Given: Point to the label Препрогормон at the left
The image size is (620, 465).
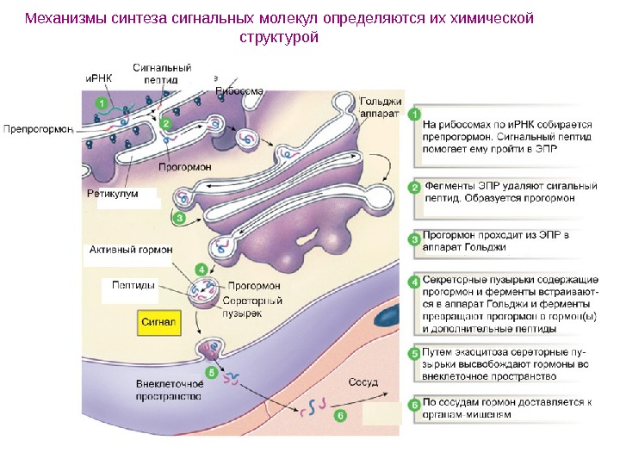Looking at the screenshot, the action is click(x=38, y=129).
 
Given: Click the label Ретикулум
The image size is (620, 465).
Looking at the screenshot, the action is click(x=112, y=194).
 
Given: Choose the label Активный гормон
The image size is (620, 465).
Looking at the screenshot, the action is click(x=131, y=250).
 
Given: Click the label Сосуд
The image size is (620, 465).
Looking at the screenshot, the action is click(x=363, y=381).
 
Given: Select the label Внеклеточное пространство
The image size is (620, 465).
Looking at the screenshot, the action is click(x=169, y=390).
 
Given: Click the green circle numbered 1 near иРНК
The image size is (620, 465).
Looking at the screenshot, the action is click(x=102, y=104).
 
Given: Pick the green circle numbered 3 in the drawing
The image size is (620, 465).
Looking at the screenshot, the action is click(x=179, y=219).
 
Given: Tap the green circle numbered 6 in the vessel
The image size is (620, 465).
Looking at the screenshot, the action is click(x=339, y=415).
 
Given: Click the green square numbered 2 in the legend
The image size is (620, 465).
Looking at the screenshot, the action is click(x=414, y=188).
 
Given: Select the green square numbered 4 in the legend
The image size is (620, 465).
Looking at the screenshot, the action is click(x=414, y=281).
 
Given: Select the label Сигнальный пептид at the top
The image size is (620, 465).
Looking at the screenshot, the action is click(x=162, y=73).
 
